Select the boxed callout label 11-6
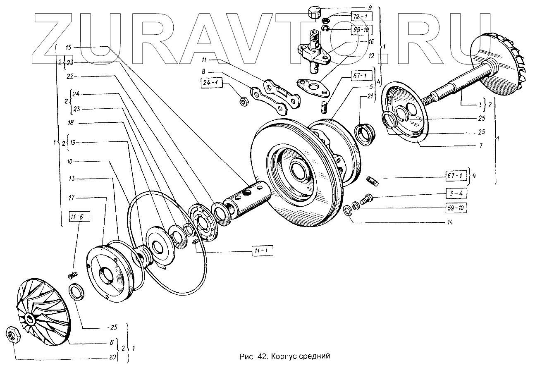pyautogui.click(x=76, y=217)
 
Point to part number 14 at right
pyautogui.click(x=449, y=222)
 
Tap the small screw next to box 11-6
pyautogui.click(x=73, y=274)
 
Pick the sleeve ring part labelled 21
pyautogui.click(x=365, y=133)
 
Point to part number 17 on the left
pyautogui.click(x=72, y=198)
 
